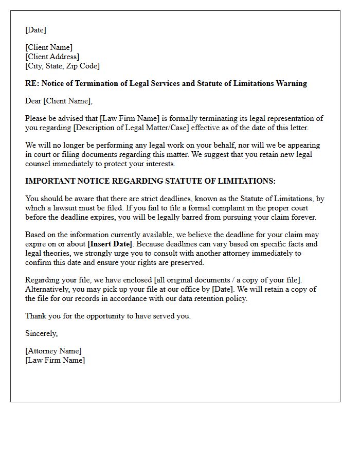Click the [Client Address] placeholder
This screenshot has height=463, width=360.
[x=52, y=57]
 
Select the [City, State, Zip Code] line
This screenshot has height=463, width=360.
[x=62, y=66]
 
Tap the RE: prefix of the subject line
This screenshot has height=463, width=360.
[x=32, y=83]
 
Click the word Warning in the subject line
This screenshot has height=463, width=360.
[x=292, y=83]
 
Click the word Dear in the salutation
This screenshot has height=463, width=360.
[x=33, y=101]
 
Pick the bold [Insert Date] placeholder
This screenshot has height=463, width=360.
[x=110, y=244]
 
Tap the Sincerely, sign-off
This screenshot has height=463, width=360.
[x=42, y=333]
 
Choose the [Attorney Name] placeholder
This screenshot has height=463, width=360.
[x=53, y=351]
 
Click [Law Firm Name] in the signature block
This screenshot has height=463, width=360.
[x=55, y=360]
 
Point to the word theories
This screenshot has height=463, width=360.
[x=49, y=253]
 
